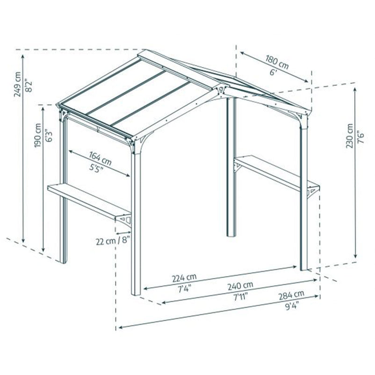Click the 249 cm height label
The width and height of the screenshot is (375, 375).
click(x=17, y=84)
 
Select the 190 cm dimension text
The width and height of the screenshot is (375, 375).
click(x=38, y=135)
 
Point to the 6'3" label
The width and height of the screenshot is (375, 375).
click(x=49, y=136)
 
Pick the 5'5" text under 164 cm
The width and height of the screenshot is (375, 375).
click(x=96, y=168)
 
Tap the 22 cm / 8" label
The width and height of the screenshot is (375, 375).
click(x=113, y=241)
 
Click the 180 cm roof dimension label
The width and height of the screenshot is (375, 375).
click(x=277, y=62)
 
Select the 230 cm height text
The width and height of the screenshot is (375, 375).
click(x=349, y=136)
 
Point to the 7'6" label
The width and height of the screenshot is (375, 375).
click(x=361, y=137)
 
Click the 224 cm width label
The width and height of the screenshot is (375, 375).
click(x=184, y=277)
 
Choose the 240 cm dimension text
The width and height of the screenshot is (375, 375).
click(x=240, y=286)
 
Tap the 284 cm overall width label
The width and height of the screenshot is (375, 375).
click(x=291, y=295)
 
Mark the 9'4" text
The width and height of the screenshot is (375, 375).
click(x=292, y=305)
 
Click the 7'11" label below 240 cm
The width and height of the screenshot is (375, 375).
click(x=240, y=297)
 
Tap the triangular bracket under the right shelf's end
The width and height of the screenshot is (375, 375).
click(x=313, y=191)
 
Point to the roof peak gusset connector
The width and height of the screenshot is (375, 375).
click(x=221, y=90)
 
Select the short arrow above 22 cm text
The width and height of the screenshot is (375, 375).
click(x=123, y=232)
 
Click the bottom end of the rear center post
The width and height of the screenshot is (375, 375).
click(x=231, y=236)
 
